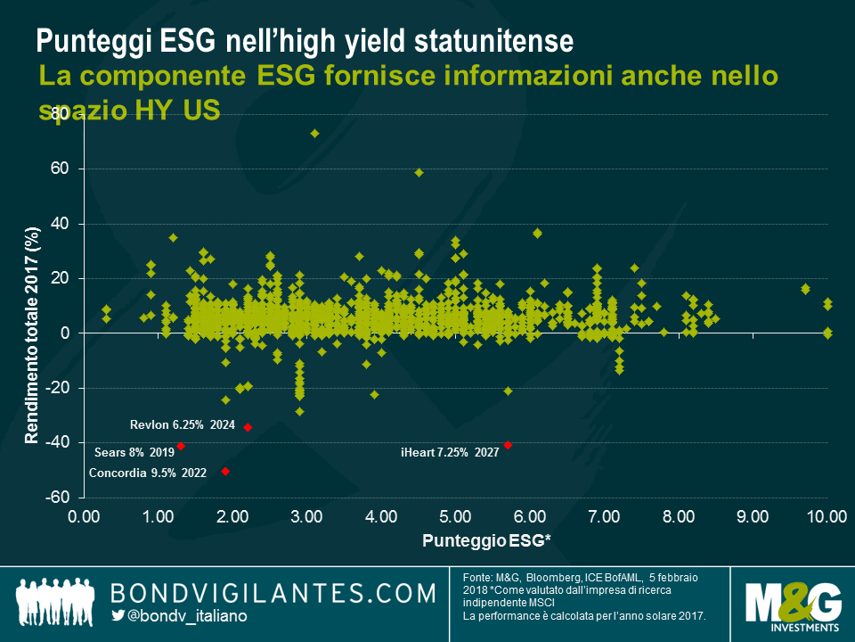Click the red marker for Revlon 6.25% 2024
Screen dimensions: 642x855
point(248,427)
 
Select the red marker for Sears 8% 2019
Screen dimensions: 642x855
point(181,446)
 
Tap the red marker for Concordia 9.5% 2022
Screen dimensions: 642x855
point(225,471)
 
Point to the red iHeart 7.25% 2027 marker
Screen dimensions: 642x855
point(508,445)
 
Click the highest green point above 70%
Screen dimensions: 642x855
point(314,133)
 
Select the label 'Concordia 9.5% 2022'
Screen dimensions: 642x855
point(148,473)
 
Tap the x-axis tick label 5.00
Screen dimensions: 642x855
point(455,516)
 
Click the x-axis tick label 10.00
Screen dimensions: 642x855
point(826,516)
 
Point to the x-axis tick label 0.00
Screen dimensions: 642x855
point(85,516)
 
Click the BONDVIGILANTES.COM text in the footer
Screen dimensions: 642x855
point(273,593)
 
